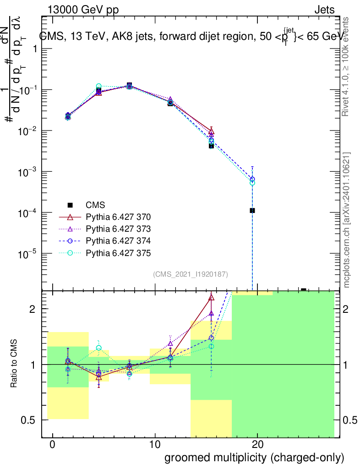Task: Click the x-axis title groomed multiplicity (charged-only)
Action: pyautogui.click(x=254, y=458)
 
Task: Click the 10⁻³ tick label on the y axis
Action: pyautogui.click(x=28, y=172)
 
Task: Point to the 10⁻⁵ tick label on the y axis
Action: pyautogui.click(x=28, y=253)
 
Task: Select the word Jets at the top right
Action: pyautogui.click(x=324, y=10)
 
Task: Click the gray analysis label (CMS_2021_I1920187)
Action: pyautogui.click(x=191, y=274)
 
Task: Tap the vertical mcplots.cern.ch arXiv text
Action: pyautogui.click(x=347, y=220)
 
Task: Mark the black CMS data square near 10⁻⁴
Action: pyautogui.click(x=252, y=211)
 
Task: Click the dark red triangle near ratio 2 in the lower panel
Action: pyautogui.click(x=211, y=298)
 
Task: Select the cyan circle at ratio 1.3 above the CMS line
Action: pyautogui.click(x=98, y=348)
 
